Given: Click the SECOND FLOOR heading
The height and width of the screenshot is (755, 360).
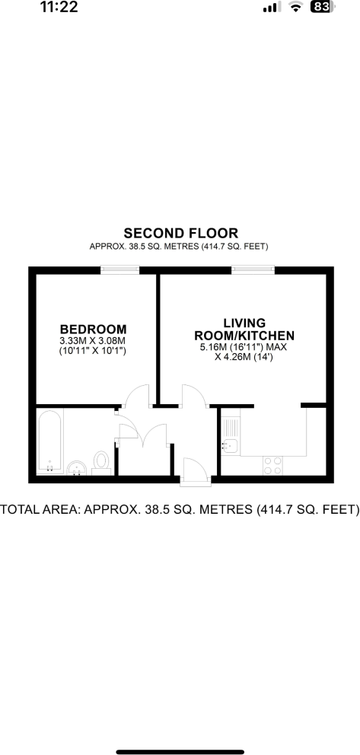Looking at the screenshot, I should pyautogui.click(x=180, y=233).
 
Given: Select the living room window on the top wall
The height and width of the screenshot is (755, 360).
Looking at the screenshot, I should pyautogui.click(x=253, y=269).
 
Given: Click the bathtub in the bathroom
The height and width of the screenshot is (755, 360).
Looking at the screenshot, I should pyautogui.click(x=50, y=441).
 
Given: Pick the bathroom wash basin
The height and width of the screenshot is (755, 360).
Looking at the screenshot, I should pyautogui.click(x=77, y=467).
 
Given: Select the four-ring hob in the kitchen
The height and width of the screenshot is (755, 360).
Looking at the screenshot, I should pyautogui.click(x=272, y=464).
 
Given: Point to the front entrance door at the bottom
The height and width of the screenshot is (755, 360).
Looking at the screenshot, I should pyautogui.click(x=194, y=470).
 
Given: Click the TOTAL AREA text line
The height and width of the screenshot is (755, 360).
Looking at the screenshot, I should pyautogui.click(x=180, y=509).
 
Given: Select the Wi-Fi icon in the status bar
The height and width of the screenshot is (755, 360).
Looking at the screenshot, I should pyautogui.click(x=296, y=7).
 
